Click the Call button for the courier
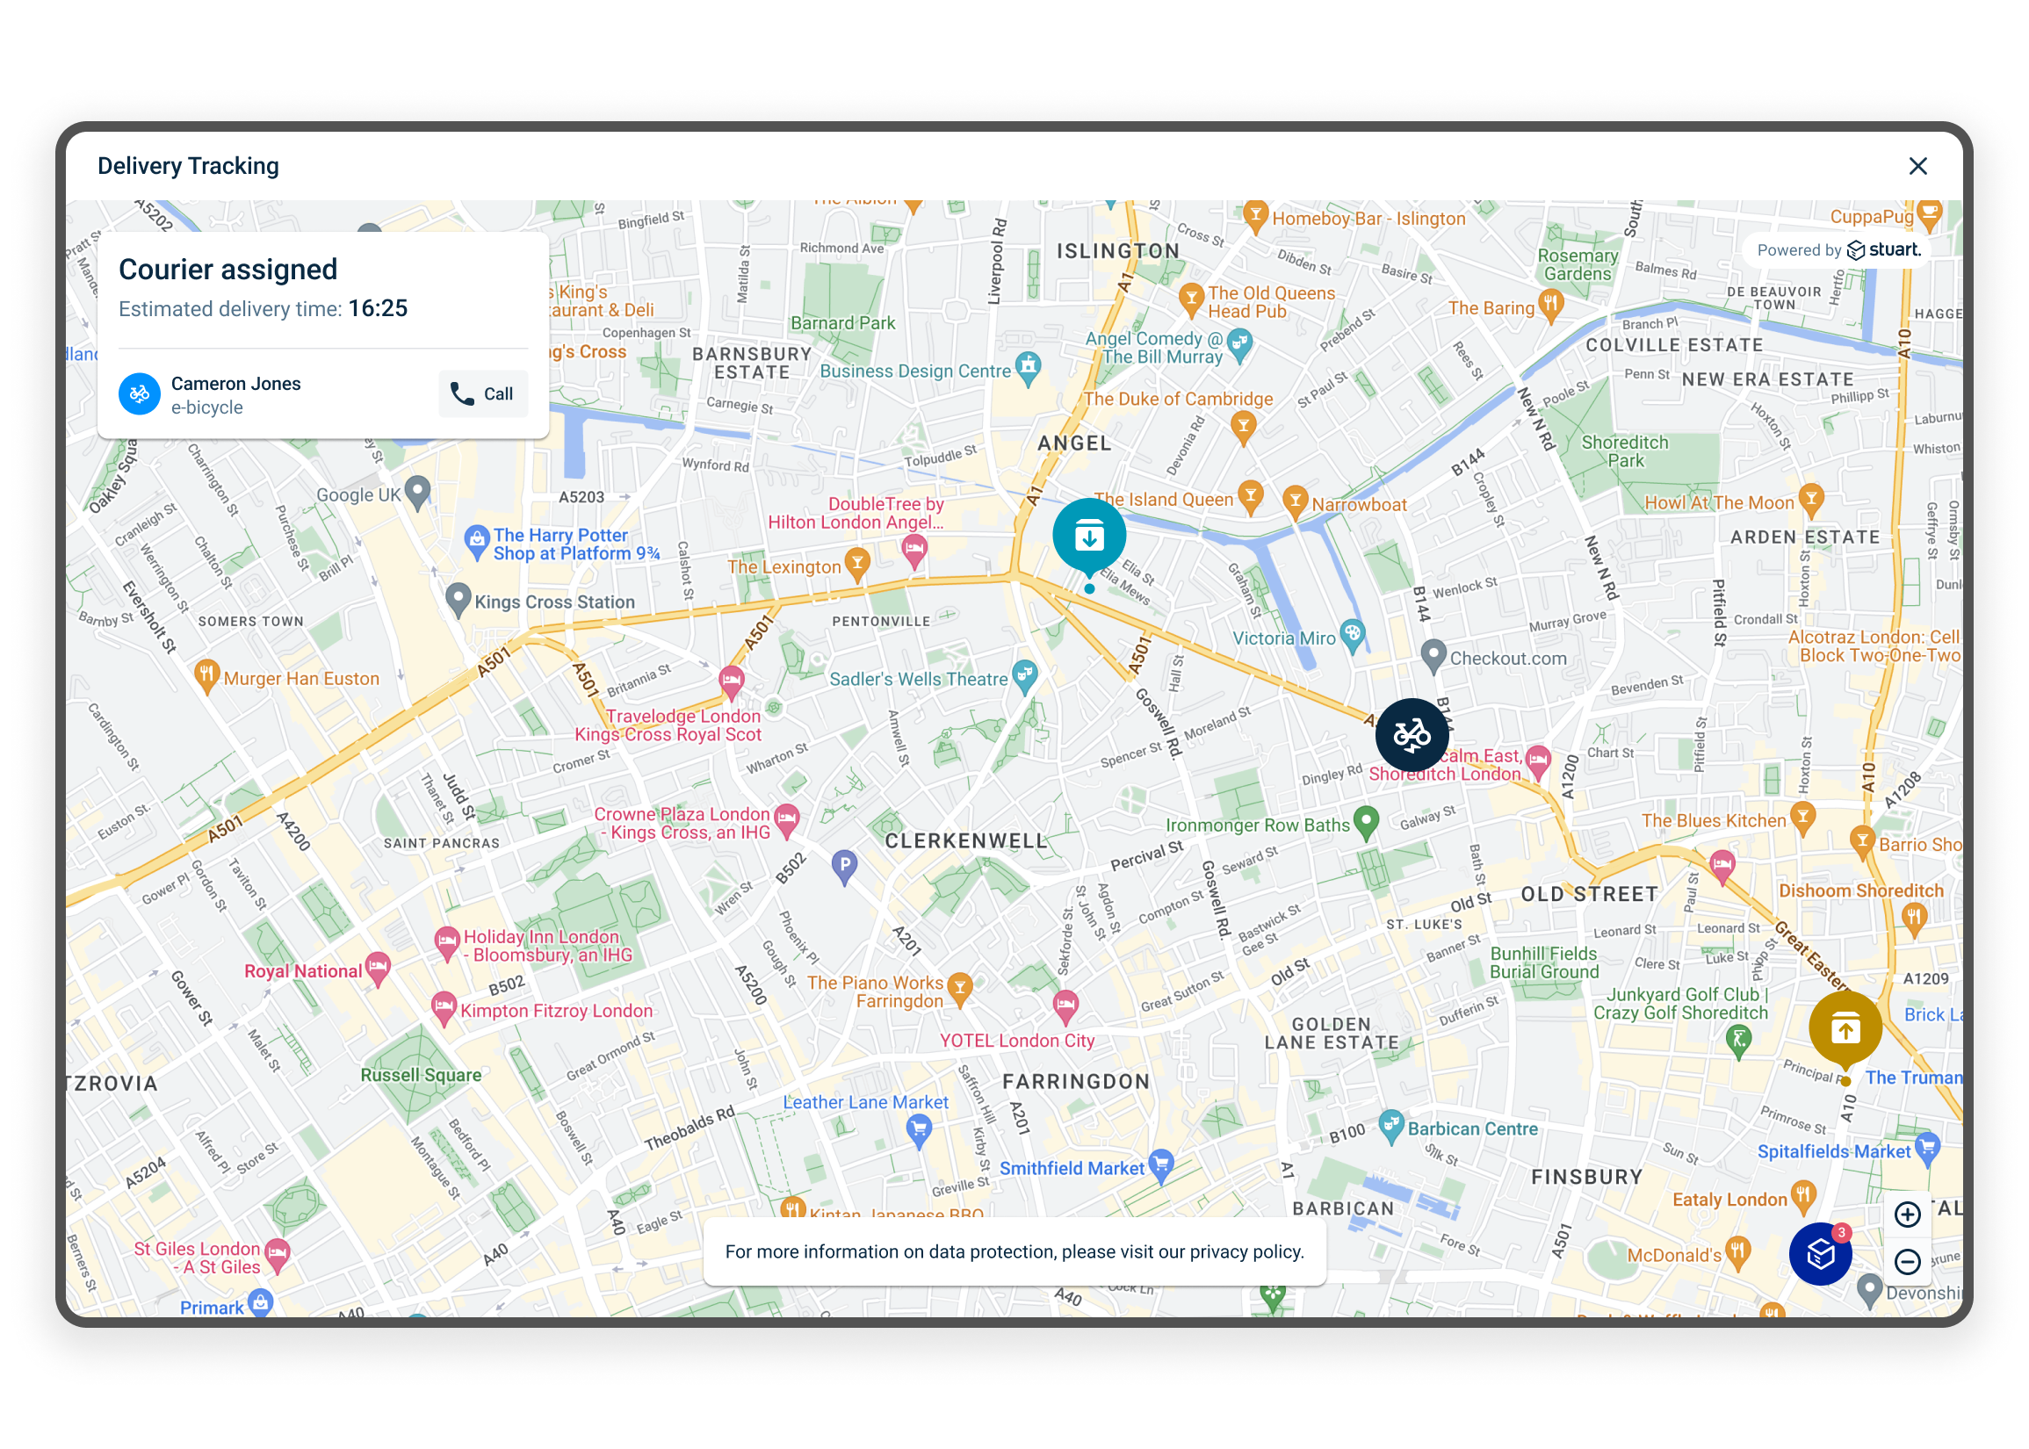tap(483, 393)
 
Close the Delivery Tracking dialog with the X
tap(1917, 167)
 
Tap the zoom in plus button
tap(1907, 1215)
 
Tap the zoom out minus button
tap(1907, 1261)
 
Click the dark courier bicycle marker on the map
tap(1412, 735)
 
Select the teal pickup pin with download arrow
tap(1088, 537)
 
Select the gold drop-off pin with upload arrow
tap(1845, 1028)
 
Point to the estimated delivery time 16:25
tap(378, 309)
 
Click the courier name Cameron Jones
tap(235, 384)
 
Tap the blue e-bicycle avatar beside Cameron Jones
tap(140, 393)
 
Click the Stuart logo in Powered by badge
tap(1883, 249)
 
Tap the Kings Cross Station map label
tap(554, 602)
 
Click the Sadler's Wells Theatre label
tap(918, 679)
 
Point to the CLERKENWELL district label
tap(965, 840)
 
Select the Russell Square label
tap(420, 1075)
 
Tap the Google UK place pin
tap(417, 490)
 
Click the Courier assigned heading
tap(227, 270)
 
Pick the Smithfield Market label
tap(1071, 1168)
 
